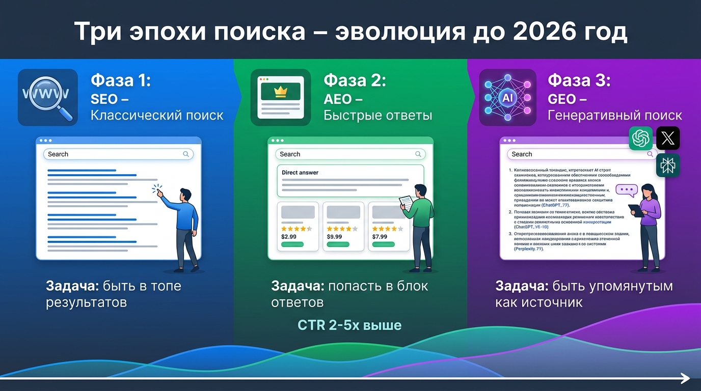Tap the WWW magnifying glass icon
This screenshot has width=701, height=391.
[47, 97]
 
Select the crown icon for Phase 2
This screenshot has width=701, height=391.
[281, 92]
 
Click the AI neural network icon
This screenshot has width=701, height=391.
[508, 97]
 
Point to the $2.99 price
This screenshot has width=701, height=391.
[288, 236]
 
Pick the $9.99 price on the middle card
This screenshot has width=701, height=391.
[334, 236]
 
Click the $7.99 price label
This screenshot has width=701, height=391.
[380, 236]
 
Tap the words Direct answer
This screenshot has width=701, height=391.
[300, 173]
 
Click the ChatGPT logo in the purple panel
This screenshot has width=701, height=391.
[641, 138]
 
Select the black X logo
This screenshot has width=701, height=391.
[668, 138]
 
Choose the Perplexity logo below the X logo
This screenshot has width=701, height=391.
[668, 165]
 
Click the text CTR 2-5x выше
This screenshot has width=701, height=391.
[349, 325]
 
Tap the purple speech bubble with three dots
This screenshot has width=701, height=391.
[627, 190]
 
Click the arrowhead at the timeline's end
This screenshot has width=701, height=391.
[686, 378]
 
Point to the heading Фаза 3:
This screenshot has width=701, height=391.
[579, 81]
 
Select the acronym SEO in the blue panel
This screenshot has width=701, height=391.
[104, 98]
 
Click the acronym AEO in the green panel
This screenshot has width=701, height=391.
[338, 98]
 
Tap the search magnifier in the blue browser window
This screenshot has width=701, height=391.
[186, 154]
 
